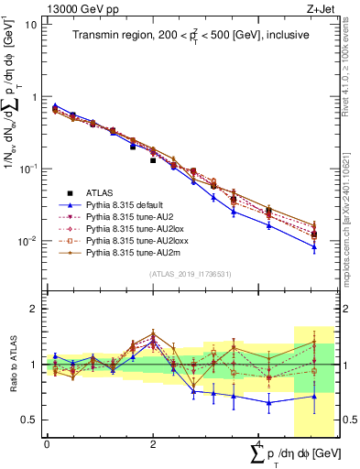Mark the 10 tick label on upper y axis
click(30, 25)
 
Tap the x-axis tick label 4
click(259, 442)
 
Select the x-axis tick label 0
click(47, 442)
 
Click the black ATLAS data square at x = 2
click(153, 160)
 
